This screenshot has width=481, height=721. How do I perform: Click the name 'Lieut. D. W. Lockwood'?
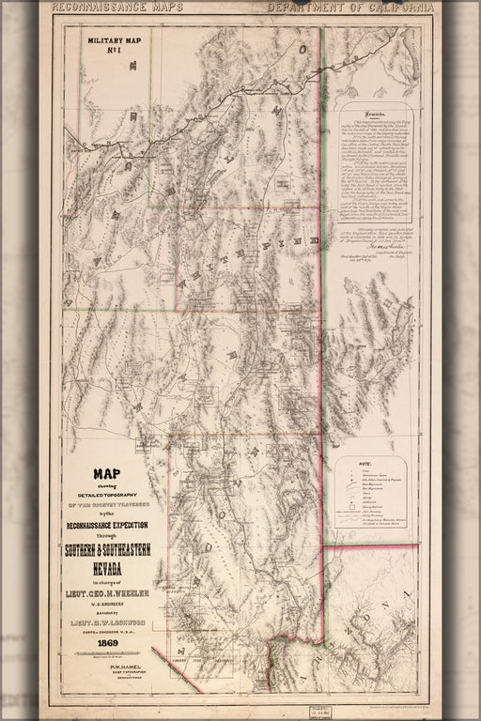(x=111, y=606)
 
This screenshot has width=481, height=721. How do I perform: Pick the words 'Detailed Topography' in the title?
(x=111, y=495)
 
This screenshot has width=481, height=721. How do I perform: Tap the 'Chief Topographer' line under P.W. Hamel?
(x=111, y=667)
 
